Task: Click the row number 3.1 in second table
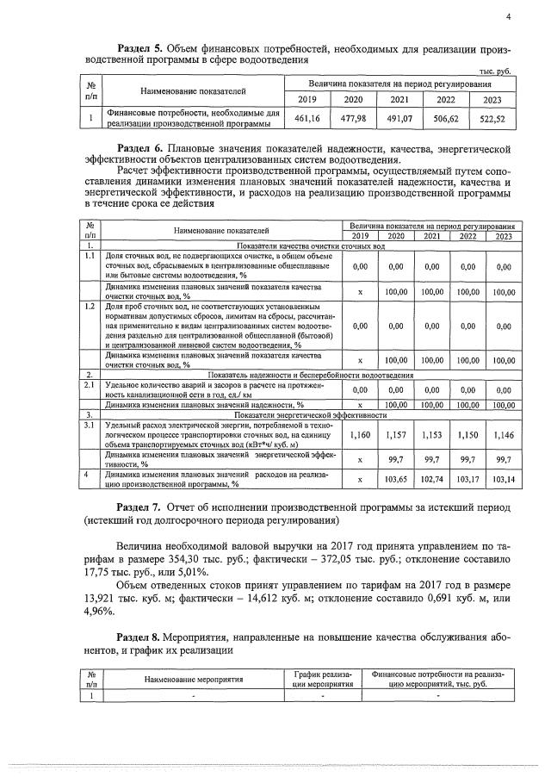point(89,426)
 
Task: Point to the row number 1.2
point(89,307)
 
